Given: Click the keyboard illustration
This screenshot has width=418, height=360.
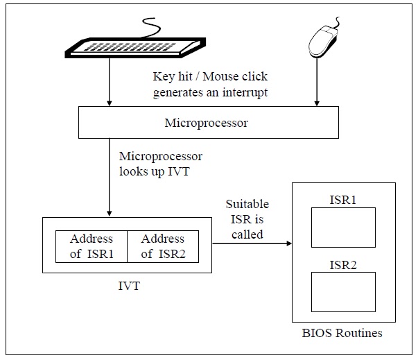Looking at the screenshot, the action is click(x=135, y=47).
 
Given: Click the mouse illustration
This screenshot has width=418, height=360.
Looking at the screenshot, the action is click(x=324, y=40).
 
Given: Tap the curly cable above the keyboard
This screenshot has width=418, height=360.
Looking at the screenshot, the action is click(x=151, y=28).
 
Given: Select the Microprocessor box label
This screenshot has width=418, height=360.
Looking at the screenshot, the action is click(x=207, y=123).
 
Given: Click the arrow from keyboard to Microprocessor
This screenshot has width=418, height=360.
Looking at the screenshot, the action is click(x=109, y=82).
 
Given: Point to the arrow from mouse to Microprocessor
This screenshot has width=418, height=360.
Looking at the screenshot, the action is click(x=317, y=82).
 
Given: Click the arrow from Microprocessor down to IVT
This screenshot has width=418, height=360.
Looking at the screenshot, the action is click(x=109, y=177).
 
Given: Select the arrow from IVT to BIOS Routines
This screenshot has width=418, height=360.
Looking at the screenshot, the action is click(x=252, y=243).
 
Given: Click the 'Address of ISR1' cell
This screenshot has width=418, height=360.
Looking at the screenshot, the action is click(x=92, y=246).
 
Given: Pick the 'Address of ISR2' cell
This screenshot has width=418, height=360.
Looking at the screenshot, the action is click(x=163, y=246).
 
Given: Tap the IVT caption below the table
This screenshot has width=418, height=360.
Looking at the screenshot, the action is click(x=129, y=286).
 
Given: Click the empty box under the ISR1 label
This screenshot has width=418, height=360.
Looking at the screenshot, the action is click(x=343, y=228).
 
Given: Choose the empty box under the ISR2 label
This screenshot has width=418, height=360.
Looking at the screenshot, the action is click(x=343, y=292).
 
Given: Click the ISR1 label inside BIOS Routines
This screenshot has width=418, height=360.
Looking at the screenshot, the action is click(x=343, y=200).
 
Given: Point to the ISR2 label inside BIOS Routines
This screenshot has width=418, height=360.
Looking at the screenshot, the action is click(x=343, y=265).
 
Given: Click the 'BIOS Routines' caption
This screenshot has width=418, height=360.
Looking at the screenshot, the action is click(x=342, y=333).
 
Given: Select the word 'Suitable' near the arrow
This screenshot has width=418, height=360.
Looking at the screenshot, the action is click(x=247, y=204).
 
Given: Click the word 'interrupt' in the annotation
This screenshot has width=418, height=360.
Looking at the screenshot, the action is click(x=245, y=93).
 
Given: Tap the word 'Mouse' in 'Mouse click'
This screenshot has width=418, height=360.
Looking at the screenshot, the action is click(x=217, y=76).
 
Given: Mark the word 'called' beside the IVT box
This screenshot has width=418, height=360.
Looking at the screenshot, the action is click(x=247, y=234).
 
